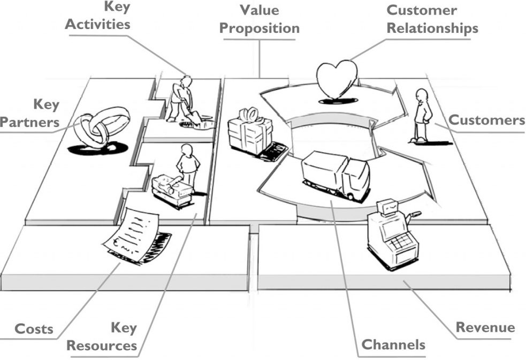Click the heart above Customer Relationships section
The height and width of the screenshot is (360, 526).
coord(337,79)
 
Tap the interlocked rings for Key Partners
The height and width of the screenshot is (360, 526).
coord(102,126)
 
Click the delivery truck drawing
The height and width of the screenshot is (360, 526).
coord(335,174)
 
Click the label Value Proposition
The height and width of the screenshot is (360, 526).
coord(260,19)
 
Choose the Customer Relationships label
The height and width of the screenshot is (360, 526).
coord(432,19)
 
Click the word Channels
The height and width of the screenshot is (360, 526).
coord(393,344)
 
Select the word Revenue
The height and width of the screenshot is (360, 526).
coord(485,327)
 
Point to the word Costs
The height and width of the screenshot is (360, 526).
coord(33,328)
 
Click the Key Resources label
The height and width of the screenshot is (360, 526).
coord(102,336)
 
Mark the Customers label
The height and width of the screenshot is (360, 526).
coord(486,120)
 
